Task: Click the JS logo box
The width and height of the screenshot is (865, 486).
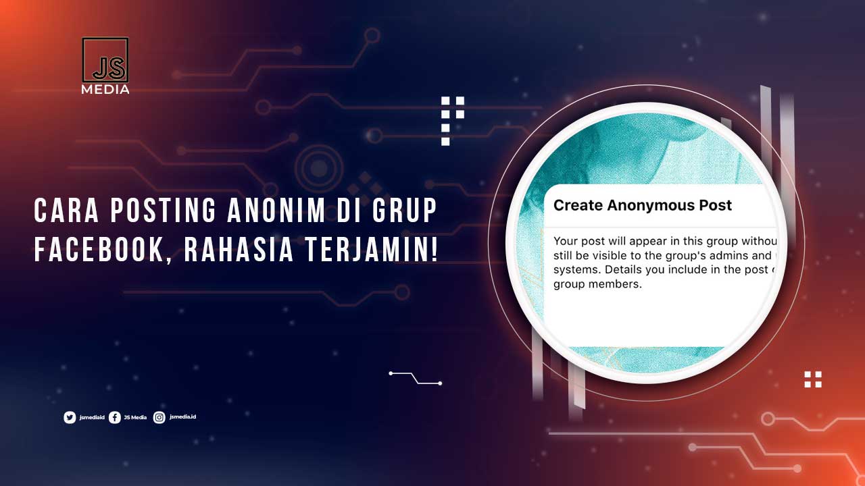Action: (x=105, y=59)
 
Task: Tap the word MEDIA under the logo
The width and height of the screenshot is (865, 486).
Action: (x=105, y=89)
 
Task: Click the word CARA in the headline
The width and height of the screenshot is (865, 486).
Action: (x=61, y=212)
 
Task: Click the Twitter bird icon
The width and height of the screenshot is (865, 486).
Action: (x=70, y=418)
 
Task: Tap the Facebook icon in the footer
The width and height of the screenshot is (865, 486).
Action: (x=115, y=418)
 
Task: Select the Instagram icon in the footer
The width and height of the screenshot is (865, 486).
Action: (x=159, y=418)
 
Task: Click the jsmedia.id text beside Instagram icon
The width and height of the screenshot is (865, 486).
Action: (x=183, y=417)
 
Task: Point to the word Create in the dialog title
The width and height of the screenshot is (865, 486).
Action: (x=576, y=206)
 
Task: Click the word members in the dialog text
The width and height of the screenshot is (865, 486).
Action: (x=616, y=284)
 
